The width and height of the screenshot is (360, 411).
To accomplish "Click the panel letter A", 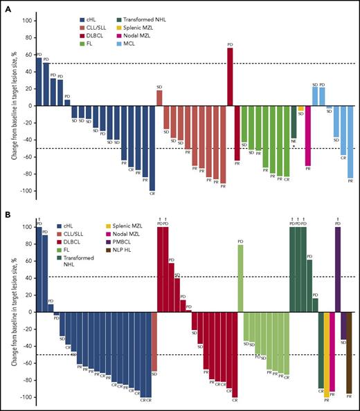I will pyautogui.click(x=7, y=6).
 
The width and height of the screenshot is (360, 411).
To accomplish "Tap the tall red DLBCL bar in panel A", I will pyautogui.click(x=230, y=76).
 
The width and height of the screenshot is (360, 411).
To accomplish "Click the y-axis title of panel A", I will pyautogui.click(x=15, y=106).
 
